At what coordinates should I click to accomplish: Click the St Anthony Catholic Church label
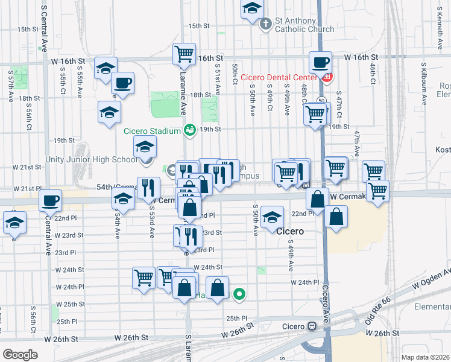[x=304, y=25]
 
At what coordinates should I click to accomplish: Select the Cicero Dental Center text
[x=279, y=77]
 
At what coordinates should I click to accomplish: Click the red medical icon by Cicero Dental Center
[x=327, y=77]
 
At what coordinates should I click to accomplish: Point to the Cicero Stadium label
[x=152, y=131]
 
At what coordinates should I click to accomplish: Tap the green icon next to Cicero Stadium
[x=190, y=130]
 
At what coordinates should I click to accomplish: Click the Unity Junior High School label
[x=91, y=160]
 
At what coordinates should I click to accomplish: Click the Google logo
[x=20, y=355]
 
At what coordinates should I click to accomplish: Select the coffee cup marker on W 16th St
[x=320, y=62]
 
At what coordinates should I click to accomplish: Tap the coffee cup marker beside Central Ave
[x=51, y=200]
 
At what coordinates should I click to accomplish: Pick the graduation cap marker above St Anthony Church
[x=252, y=8]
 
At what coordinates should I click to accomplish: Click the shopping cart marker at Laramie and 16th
[x=184, y=53]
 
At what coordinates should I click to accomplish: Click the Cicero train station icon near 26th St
[x=312, y=326]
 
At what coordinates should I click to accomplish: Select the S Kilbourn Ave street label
[x=424, y=80]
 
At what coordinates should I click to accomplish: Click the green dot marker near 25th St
[x=239, y=294]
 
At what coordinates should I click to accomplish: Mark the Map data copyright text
[x=424, y=357]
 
